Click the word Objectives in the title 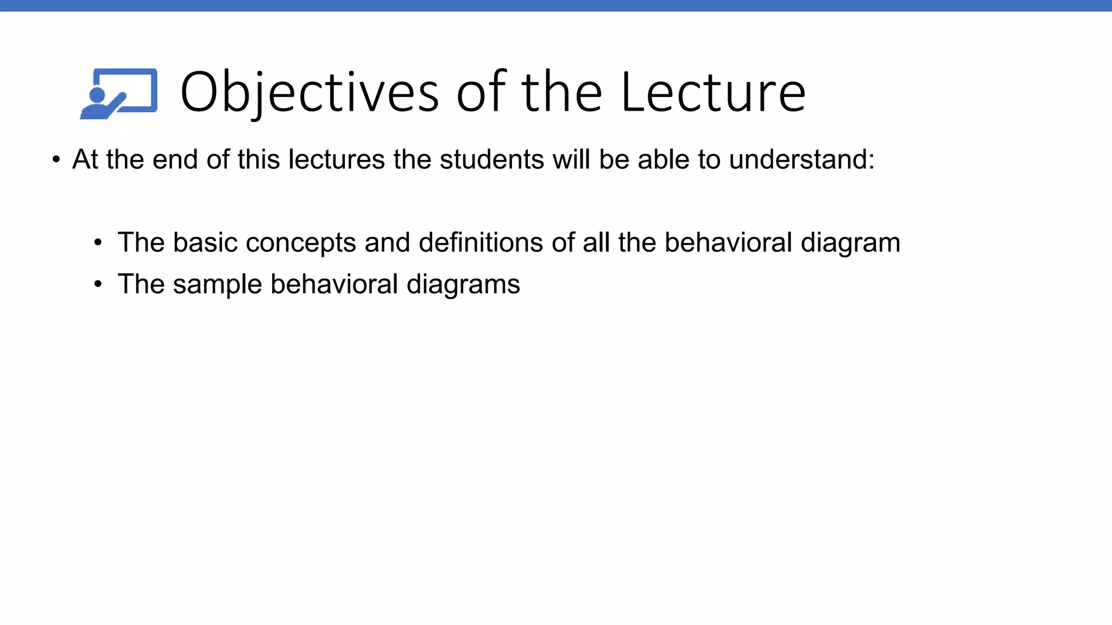point(309,93)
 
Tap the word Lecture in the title point(712,93)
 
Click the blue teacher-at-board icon point(119,93)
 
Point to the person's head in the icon point(97,95)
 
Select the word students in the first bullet point(491,160)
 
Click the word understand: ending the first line point(801,160)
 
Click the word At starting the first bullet point(85,160)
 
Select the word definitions point(481,243)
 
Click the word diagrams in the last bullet point(463,284)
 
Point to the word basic point(205,243)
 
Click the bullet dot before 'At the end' point(56,160)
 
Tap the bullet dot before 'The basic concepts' point(98,243)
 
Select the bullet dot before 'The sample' point(98,284)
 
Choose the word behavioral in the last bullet point(334,284)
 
